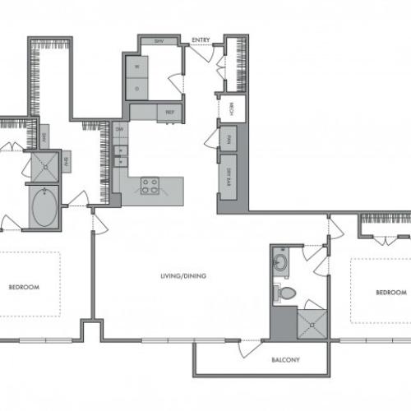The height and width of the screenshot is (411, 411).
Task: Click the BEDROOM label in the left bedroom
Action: coord(21,288)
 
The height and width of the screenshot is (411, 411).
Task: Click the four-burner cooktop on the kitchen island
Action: coord(150,185)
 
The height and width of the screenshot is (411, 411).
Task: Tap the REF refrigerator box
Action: coord(169,112)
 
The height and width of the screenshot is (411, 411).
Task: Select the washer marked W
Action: coord(136,66)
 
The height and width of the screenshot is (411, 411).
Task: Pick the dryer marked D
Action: coord(136,85)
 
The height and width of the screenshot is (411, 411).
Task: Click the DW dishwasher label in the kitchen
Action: coord(119,129)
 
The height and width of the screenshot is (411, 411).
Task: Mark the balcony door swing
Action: coord(249,348)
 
